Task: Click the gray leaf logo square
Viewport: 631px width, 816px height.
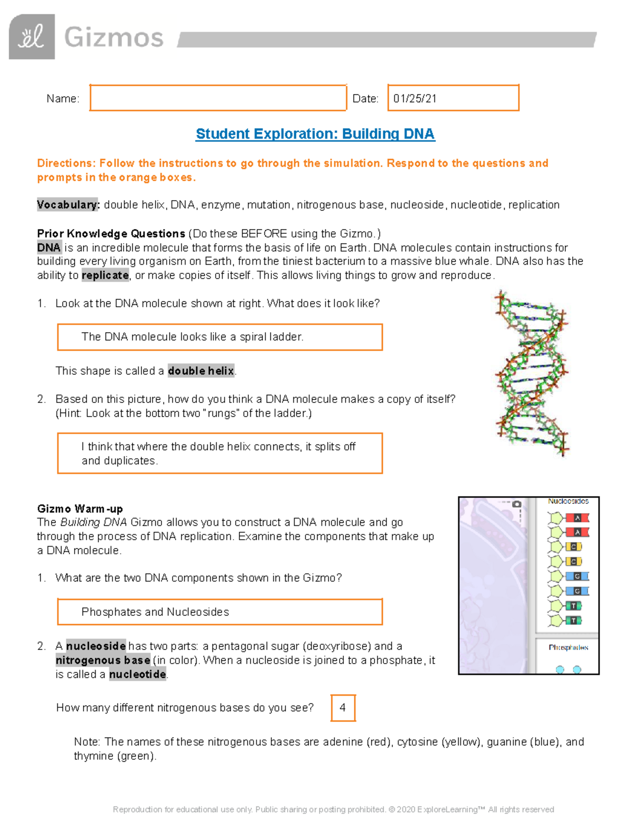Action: pos(32,37)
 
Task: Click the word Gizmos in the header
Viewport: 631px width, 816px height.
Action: pos(114,38)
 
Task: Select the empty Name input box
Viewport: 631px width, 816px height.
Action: pos(218,98)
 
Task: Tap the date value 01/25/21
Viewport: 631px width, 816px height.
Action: pos(415,99)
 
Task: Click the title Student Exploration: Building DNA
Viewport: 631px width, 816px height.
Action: pos(315,134)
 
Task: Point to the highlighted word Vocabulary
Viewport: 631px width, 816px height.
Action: pos(68,205)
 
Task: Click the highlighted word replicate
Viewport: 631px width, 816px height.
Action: pos(105,275)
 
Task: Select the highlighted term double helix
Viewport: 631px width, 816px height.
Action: pos(201,371)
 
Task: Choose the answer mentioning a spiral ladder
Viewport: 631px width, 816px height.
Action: pos(192,337)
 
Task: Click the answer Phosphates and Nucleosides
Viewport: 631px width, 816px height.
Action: pos(155,612)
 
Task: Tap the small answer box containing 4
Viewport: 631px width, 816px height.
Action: pos(343,708)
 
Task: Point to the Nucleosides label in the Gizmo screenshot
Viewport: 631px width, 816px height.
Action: pos(568,501)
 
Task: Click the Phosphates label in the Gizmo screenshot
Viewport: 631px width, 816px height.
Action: pos(568,647)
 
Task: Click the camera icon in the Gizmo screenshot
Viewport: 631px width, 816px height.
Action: pos(517,504)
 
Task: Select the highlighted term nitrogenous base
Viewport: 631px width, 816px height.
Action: pos(103,660)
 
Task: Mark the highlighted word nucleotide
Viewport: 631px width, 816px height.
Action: pos(138,675)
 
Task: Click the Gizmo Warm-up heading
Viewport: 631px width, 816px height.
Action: pos(80,509)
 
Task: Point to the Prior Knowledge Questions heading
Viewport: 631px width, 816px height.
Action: pos(111,234)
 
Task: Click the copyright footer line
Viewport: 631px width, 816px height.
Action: pos(333,809)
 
